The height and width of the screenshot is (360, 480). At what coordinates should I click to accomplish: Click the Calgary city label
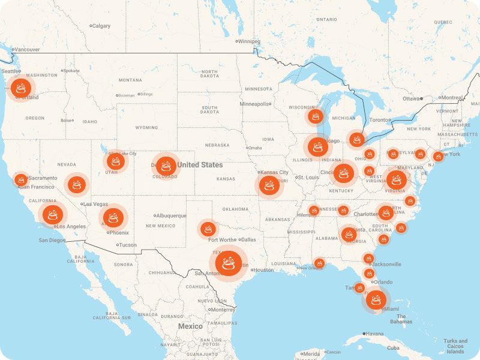(102, 26)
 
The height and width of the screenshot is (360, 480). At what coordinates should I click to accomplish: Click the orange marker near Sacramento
(21, 179)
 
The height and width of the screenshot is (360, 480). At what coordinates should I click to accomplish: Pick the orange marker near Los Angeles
(53, 215)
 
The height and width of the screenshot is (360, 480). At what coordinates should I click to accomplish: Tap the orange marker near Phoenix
(113, 217)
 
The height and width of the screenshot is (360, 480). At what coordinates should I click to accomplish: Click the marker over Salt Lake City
(115, 161)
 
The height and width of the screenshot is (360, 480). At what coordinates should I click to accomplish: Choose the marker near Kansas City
(269, 185)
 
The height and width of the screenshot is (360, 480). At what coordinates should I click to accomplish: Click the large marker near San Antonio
(228, 263)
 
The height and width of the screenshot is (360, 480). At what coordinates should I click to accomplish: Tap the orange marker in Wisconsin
(315, 116)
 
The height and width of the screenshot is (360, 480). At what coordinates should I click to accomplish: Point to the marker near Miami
(376, 299)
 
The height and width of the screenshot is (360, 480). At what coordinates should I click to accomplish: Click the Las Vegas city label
(95, 204)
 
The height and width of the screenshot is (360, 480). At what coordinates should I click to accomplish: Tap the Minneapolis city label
(255, 104)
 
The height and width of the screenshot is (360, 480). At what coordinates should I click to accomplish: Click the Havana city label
(375, 334)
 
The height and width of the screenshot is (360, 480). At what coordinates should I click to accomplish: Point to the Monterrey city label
(223, 310)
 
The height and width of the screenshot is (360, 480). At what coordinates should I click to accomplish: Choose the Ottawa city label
(412, 98)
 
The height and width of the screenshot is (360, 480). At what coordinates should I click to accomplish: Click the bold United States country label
(200, 165)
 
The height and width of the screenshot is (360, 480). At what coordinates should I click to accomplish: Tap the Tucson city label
(127, 245)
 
